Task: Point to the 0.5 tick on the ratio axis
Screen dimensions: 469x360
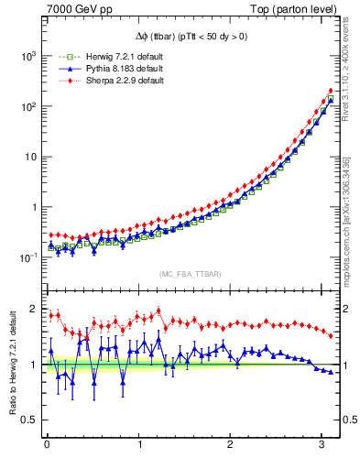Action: click(27, 420)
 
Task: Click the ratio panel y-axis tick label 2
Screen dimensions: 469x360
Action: click(33, 309)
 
